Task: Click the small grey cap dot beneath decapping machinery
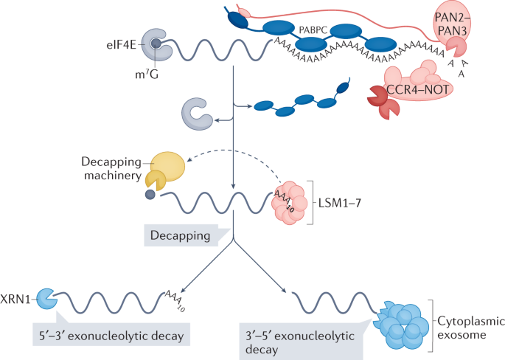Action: click(150, 195)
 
